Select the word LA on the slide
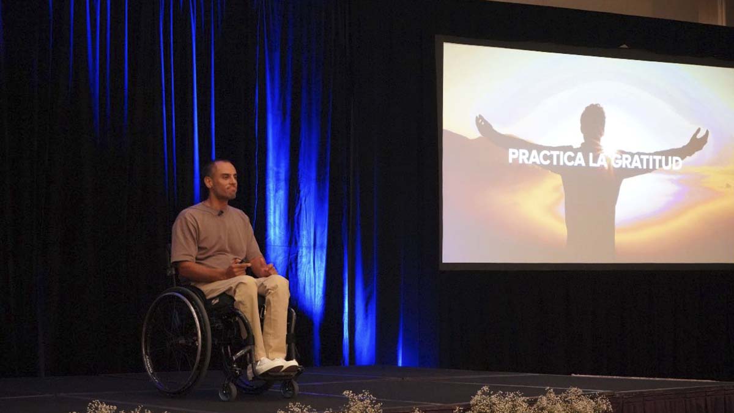pos(598,160)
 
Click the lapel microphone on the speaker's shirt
pos(221,213)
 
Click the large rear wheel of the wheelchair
pos(176,340)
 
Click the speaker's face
pos(225,182)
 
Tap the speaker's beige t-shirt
pos(215,236)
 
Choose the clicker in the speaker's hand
pos(242,261)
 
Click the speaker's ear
pos(207,182)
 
